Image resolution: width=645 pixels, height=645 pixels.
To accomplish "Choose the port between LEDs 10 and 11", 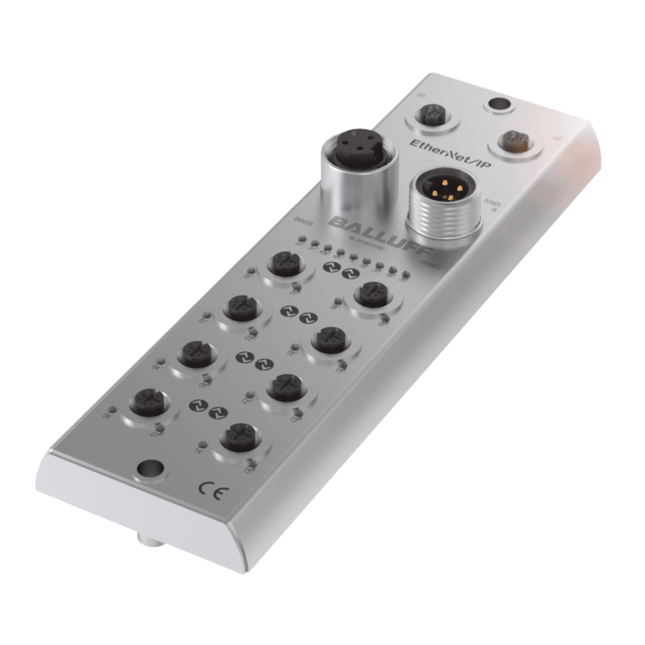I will (330, 340).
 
